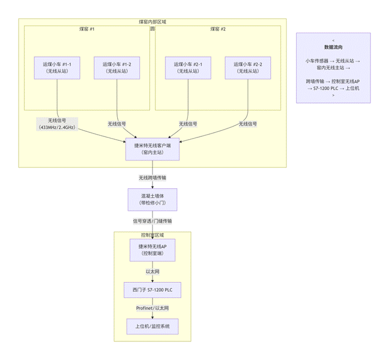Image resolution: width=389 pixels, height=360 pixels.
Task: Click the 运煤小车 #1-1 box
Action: (x=57, y=68)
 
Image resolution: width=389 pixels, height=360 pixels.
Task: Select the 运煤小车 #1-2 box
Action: (x=117, y=68)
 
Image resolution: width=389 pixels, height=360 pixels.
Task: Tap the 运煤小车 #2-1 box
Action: (x=188, y=68)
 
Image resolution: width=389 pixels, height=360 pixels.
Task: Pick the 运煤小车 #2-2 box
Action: (x=248, y=68)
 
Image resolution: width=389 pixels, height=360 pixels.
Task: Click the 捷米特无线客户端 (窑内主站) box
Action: (x=153, y=149)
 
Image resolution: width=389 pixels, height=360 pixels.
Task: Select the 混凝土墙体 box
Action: (x=153, y=199)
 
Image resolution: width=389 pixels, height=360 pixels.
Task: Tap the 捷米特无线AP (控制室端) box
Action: (x=153, y=250)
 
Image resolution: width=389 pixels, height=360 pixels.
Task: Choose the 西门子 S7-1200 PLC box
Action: (x=153, y=290)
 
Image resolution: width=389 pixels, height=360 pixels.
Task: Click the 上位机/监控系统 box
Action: (x=153, y=327)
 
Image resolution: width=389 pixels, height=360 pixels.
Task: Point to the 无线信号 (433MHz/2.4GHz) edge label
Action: (x=57, y=124)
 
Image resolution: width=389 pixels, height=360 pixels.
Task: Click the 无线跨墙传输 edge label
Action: (x=153, y=178)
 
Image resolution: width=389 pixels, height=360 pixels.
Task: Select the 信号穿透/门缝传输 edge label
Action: (x=153, y=221)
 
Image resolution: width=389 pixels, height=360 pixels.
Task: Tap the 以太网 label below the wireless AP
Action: (x=153, y=272)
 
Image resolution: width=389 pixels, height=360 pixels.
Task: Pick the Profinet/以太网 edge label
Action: (x=153, y=308)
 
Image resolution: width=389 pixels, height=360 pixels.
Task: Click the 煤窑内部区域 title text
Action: (x=153, y=22)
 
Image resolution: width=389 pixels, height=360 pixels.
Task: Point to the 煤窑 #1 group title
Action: (x=87, y=29)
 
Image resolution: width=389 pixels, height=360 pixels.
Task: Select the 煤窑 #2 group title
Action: (x=218, y=29)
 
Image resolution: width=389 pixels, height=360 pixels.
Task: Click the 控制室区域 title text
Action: (x=153, y=235)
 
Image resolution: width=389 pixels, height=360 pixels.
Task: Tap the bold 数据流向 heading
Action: (x=333, y=47)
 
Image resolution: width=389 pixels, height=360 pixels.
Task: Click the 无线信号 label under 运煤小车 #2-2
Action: (x=248, y=124)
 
